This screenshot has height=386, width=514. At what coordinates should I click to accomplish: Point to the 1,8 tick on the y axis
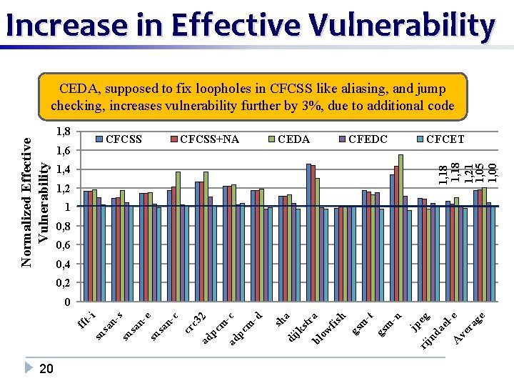63,132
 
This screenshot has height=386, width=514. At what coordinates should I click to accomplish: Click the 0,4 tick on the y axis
63,264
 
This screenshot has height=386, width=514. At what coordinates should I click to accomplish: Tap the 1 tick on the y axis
66,207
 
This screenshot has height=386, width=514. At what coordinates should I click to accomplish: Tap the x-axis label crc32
196,322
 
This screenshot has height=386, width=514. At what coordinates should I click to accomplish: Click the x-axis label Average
470,326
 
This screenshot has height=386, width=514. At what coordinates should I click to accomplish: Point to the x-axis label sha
282,316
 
